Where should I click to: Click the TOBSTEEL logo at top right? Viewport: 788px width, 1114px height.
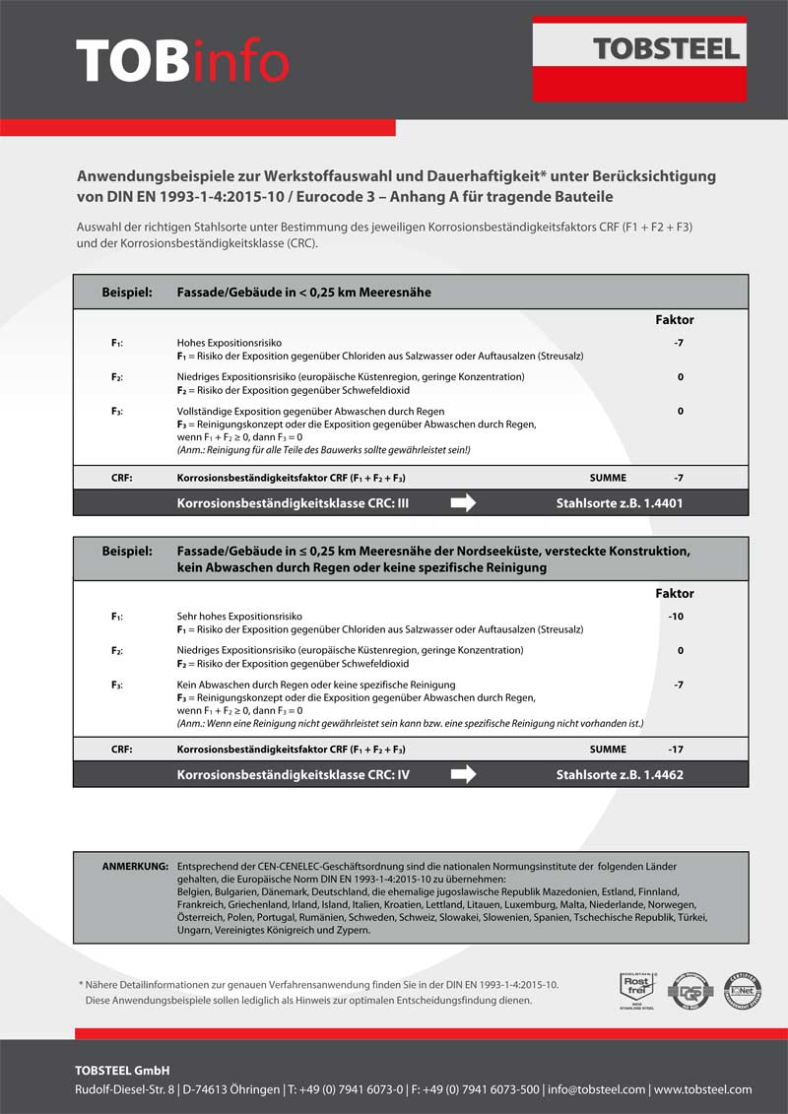coord(666,49)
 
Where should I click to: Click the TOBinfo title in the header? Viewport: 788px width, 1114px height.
coord(182,61)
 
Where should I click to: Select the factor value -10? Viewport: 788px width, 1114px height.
coord(676,618)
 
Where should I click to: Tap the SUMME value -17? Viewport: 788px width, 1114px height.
coord(676,750)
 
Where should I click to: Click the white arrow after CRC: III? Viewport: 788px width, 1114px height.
coord(463,503)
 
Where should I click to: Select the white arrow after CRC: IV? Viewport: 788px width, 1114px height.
coord(463,775)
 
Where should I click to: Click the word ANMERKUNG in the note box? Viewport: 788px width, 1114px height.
coord(136,866)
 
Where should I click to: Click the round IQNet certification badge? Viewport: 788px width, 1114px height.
coord(744,988)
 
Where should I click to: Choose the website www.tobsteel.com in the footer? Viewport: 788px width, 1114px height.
coord(703,1089)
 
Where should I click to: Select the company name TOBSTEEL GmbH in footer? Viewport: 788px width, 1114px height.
coord(122,1071)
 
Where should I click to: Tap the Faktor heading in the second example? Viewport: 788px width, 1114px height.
coord(675,594)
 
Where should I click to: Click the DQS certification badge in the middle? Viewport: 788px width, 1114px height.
coord(689,988)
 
